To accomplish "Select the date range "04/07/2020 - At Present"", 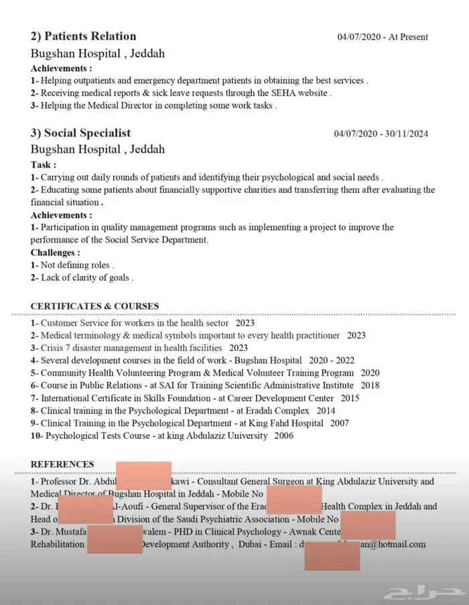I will tap(382, 37).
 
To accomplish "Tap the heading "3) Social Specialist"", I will tap(80, 133).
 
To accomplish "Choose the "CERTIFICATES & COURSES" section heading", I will tap(94, 306).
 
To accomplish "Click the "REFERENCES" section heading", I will tap(62, 464).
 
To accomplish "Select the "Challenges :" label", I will tap(56, 253).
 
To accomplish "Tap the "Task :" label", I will tap(44, 164).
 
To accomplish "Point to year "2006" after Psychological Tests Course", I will tap(283, 436).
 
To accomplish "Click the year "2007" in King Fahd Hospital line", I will tap(339, 423).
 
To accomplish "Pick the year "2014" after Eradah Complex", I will tap(326, 411).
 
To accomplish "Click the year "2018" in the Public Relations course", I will tap(369, 385).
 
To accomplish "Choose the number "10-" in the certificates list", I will tap(37, 436).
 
